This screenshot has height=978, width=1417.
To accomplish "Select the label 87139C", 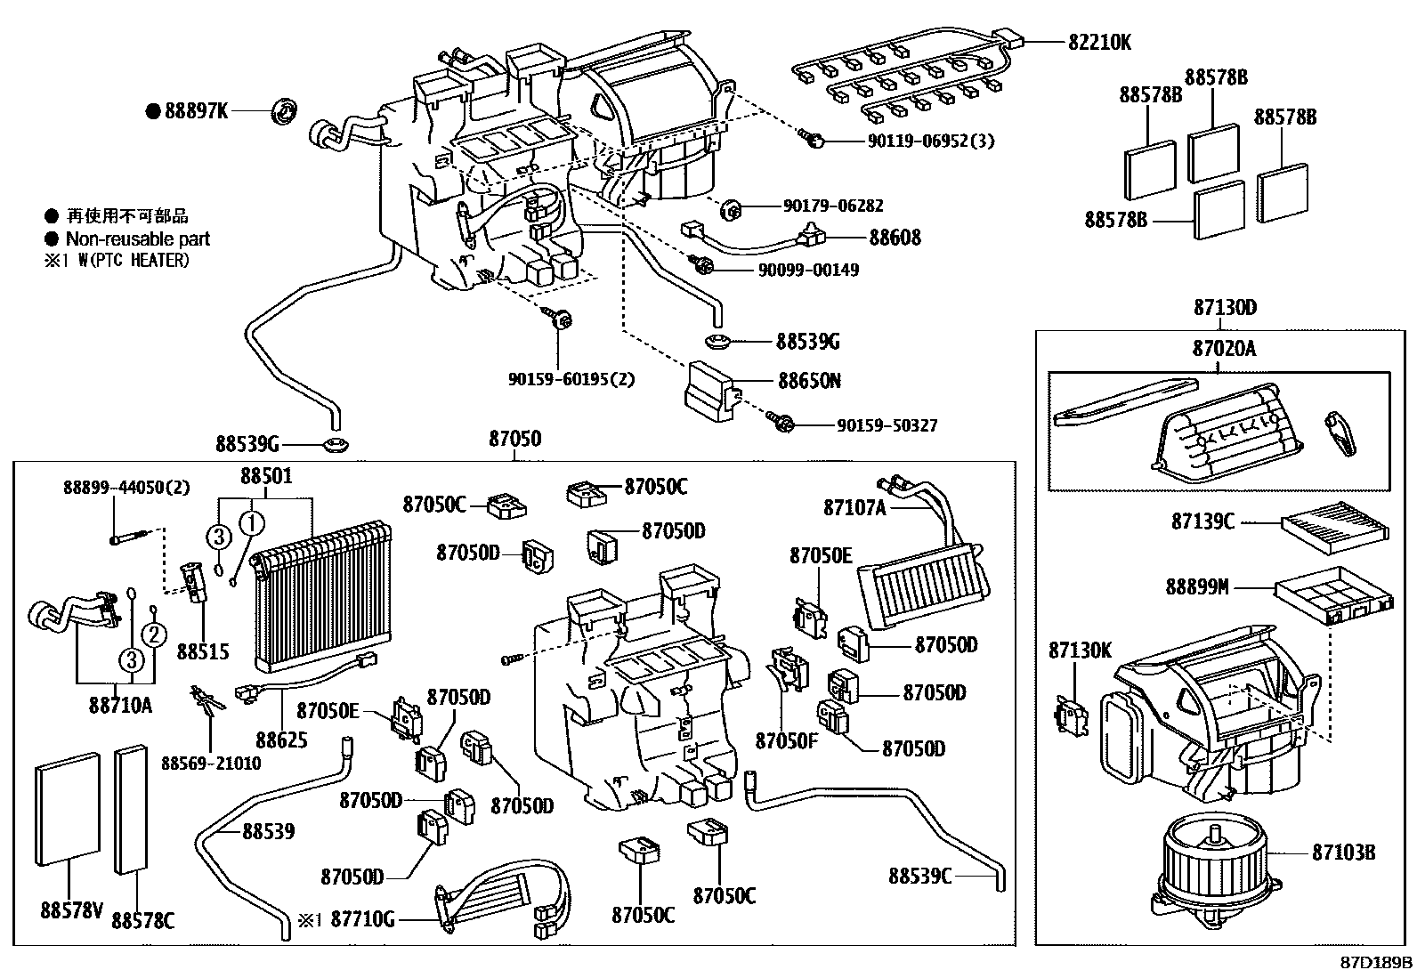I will pos(1202,522).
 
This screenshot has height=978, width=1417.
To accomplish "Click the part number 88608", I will pos(895,238).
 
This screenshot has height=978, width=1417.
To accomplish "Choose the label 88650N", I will pos(809,381).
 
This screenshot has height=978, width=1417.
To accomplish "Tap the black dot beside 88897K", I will pos(154,111).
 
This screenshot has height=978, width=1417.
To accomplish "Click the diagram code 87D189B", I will pos(1377,963).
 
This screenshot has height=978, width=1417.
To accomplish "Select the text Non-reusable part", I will pos(138,238).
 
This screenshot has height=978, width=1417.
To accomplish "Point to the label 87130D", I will pos(1225,308).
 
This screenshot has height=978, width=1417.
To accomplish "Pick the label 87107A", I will pos(854,507).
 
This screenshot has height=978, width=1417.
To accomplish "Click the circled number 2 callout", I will pos(153,634).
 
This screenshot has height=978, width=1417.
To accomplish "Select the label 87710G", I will pos(361,920).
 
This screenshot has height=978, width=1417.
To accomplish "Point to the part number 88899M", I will pos(1197,587).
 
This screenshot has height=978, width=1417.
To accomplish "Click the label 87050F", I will pos(786,740).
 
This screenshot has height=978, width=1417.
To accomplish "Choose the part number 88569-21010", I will pos(211,764).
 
